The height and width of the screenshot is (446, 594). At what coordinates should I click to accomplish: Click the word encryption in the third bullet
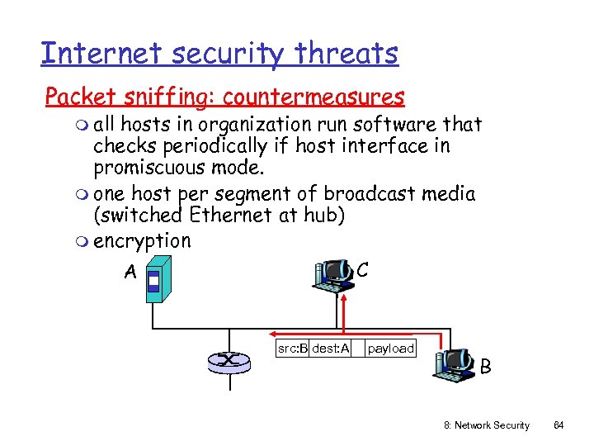pyautogui.click(x=142, y=241)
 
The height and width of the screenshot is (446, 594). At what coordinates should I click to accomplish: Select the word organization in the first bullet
pyautogui.click(x=267, y=125)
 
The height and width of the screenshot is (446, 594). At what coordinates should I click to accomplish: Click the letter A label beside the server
pyautogui.click(x=130, y=272)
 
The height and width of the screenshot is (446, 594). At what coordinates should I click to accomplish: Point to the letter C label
pyautogui.click(x=362, y=270)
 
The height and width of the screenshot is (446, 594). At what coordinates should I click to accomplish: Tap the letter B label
pyautogui.click(x=486, y=366)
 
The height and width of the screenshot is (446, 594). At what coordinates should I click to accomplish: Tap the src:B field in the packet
pyautogui.click(x=293, y=349)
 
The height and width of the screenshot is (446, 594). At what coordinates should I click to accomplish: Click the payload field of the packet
pyautogui.click(x=390, y=349)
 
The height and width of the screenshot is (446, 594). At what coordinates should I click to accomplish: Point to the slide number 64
pyautogui.click(x=559, y=425)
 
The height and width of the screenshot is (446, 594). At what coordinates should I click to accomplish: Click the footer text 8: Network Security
pyautogui.click(x=487, y=425)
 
